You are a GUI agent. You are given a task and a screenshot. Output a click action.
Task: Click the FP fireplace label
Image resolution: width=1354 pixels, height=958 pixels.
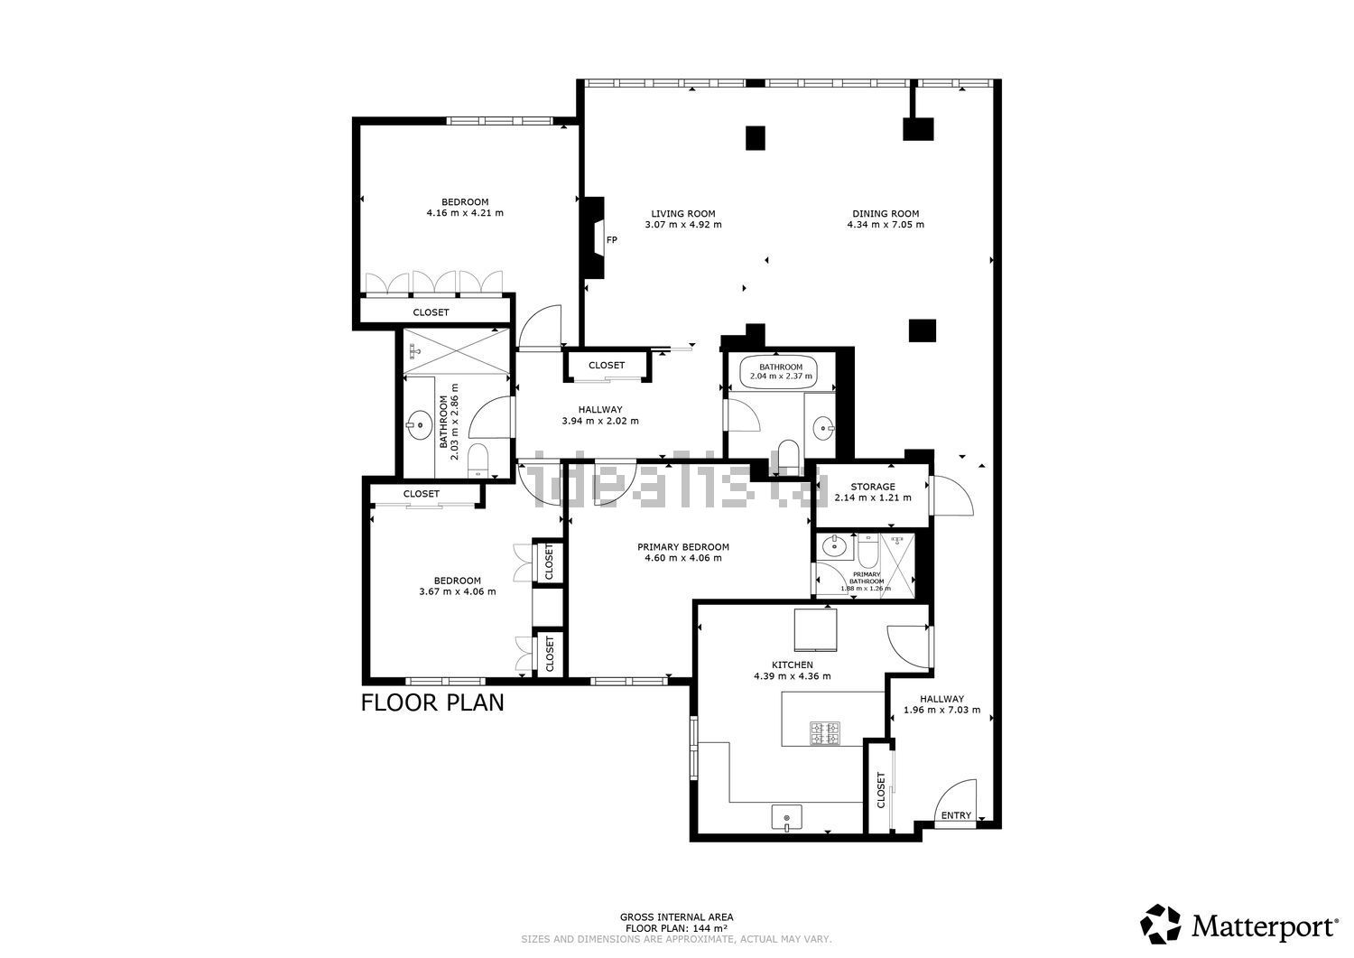click(x=611, y=240)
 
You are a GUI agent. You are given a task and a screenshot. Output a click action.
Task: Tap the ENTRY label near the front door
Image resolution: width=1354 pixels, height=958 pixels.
click(x=956, y=815)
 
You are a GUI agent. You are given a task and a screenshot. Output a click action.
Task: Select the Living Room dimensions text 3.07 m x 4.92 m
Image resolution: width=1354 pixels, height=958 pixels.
click(x=682, y=225)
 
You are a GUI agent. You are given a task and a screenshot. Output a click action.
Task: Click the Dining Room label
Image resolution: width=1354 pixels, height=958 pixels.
click(x=885, y=214)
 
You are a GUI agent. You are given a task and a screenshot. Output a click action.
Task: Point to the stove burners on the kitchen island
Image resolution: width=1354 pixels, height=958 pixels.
click(x=824, y=732)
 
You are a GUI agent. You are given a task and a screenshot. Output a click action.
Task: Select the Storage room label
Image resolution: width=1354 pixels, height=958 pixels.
click(x=872, y=487)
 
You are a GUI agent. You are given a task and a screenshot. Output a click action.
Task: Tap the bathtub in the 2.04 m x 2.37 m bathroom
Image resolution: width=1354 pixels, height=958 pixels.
click(x=779, y=371)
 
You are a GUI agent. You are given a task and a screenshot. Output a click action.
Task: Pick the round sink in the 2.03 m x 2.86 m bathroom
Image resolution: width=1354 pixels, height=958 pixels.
click(x=419, y=424)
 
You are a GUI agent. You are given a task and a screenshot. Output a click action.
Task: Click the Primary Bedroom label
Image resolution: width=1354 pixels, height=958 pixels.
click(x=682, y=547)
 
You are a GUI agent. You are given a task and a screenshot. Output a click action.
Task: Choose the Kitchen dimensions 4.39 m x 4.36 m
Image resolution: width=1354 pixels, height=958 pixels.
click(x=792, y=675)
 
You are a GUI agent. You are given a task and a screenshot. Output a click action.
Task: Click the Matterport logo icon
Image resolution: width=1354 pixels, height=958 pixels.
click(x=1160, y=925)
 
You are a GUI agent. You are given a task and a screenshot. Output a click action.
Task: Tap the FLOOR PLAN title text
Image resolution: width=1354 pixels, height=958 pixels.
click(x=432, y=702)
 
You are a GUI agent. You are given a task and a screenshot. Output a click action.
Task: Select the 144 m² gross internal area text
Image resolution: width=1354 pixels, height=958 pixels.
click(x=676, y=928)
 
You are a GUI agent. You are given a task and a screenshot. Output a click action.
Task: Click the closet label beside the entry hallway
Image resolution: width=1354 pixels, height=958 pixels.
click(x=881, y=789)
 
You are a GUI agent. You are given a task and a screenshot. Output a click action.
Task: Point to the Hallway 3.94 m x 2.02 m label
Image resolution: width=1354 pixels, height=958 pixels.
click(x=600, y=415)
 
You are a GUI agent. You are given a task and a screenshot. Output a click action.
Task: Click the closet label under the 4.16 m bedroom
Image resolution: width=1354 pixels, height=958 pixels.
click(x=431, y=312)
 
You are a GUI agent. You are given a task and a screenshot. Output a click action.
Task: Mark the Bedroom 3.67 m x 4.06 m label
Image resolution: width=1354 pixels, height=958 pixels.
click(x=457, y=586)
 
